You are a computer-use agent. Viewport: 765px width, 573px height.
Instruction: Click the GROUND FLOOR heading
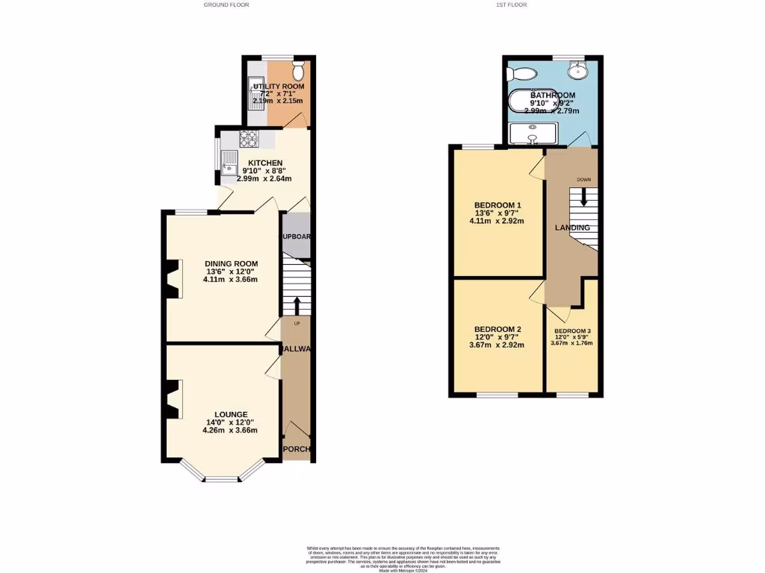pyautogui.click(x=226, y=4)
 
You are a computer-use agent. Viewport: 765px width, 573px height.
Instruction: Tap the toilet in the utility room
pyautogui.click(x=299, y=72)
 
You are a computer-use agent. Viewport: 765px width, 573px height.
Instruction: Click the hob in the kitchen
pyautogui.click(x=248, y=138)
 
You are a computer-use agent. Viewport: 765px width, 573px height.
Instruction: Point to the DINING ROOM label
pyautogui.click(x=232, y=263)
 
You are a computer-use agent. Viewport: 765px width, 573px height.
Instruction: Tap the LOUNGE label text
pyautogui.click(x=231, y=414)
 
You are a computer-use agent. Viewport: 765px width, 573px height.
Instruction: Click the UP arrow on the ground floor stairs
pyautogui.click(x=297, y=306)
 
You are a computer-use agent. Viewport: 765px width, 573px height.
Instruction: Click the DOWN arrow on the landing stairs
pyautogui.click(x=583, y=198)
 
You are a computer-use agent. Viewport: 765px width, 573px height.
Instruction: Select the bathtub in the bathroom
pyautogui.click(x=533, y=101)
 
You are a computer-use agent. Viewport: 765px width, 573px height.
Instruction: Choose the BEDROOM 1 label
pyautogui.click(x=497, y=205)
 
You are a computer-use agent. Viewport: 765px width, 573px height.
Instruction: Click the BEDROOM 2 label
pyautogui.click(x=497, y=329)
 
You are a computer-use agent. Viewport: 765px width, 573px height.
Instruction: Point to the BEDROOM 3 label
pyautogui.click(x=572, y=331)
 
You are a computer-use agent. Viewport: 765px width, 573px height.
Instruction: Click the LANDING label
pyautogui.click(x=572, y=228)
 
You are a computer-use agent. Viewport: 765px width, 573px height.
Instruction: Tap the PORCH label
pyautogui.click(x=297, y=449)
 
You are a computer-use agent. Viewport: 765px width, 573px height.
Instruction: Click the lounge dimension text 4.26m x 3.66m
pyautogui.click(x=231, y=430)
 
